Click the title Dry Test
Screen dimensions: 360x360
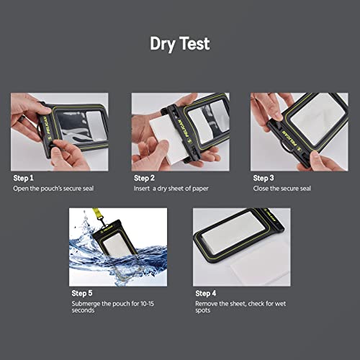point(179,44)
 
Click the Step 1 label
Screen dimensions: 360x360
point(24,177)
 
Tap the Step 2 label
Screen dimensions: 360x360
point(145,177)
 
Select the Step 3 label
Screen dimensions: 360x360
point(264,177)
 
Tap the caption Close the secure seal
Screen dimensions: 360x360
point(282,189)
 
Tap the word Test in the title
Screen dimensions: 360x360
point(195,44)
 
